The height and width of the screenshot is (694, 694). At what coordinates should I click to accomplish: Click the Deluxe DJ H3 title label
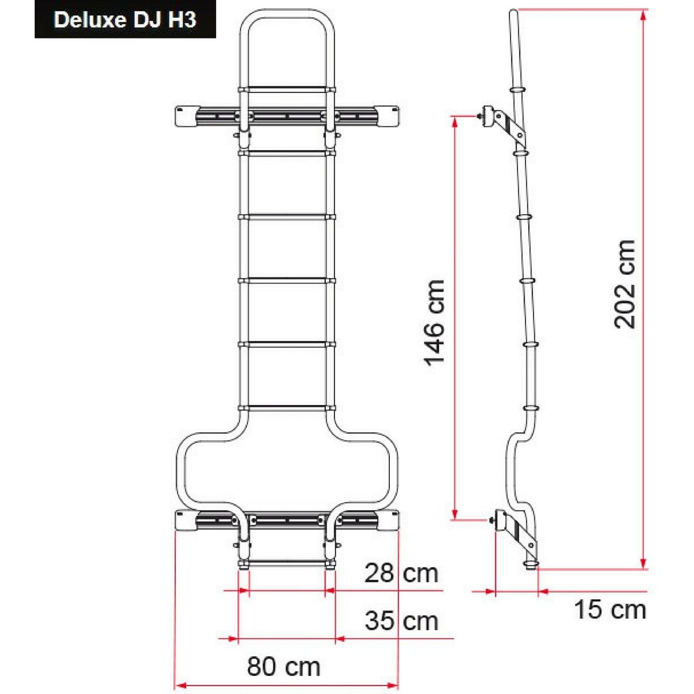point(125,20)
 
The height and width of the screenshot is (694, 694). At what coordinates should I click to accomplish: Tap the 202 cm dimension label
point(624,284)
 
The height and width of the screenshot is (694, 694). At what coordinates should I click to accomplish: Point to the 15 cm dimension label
point(610,609)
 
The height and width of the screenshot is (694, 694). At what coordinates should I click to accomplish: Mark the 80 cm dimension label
point(283,667)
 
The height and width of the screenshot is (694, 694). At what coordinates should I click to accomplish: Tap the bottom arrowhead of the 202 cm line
point(644,564)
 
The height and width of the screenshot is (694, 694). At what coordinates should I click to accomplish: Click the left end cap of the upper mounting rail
point(184,117)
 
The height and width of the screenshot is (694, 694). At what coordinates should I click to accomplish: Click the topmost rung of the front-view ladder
point(287,90)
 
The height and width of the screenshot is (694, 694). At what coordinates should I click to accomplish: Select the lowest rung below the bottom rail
point(287,563)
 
